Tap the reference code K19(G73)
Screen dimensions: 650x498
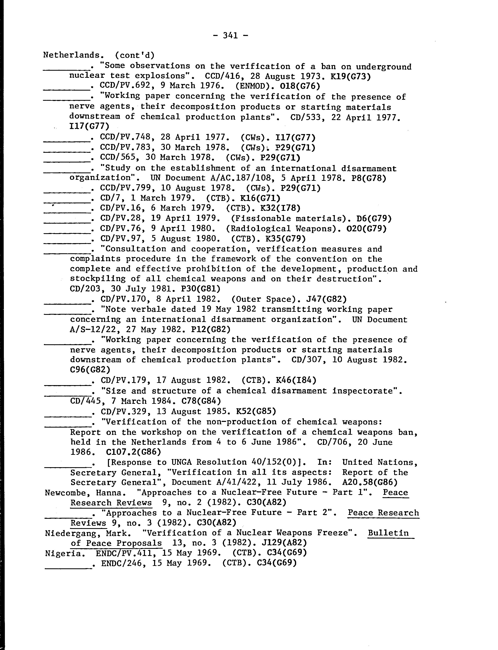point(350,76)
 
